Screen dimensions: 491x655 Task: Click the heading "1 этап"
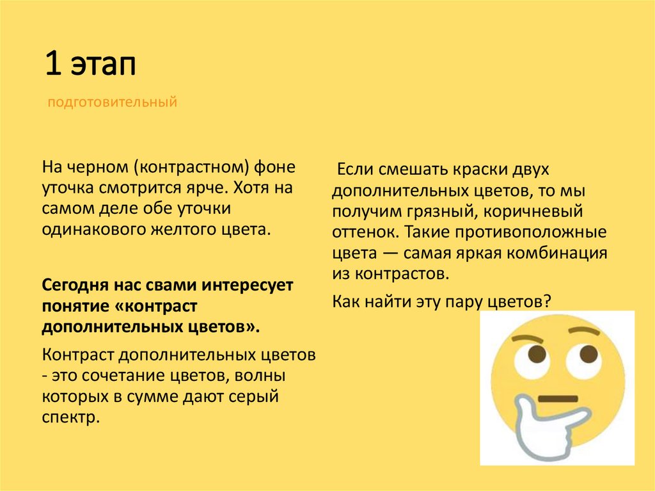click(90, 67)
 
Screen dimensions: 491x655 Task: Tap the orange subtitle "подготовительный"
click(112, 102)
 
